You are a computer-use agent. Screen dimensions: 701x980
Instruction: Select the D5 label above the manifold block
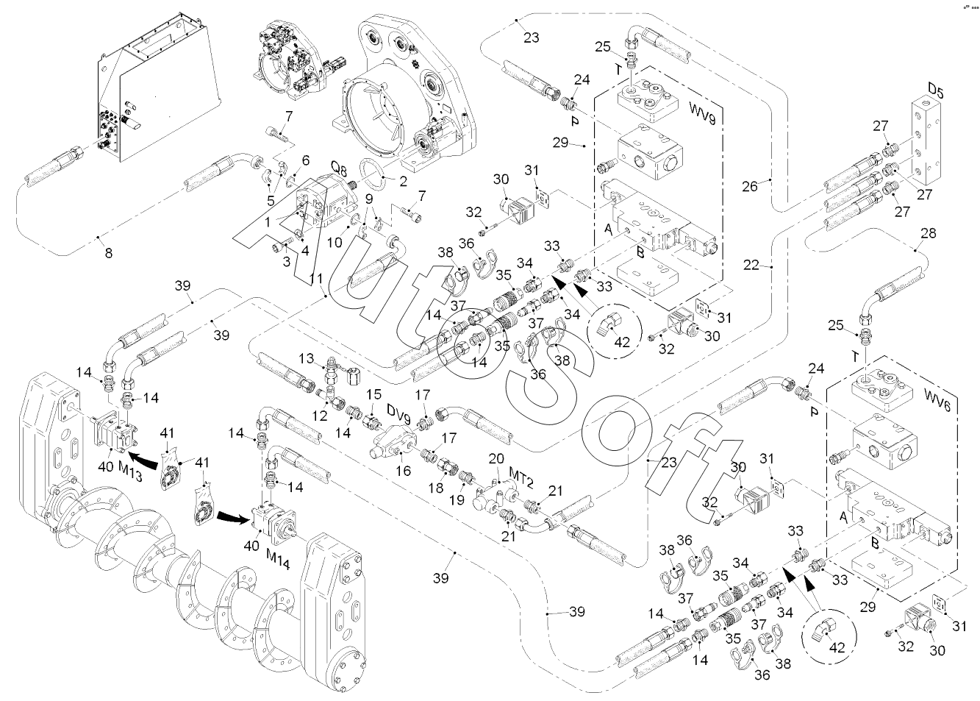click(x=935, y=90)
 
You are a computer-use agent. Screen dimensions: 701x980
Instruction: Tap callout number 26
click(x=750, y=186)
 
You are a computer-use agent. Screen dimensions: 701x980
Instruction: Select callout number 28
click(x=929, y=233)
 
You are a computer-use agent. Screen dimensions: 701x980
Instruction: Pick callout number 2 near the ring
click(x=403, y=181)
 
